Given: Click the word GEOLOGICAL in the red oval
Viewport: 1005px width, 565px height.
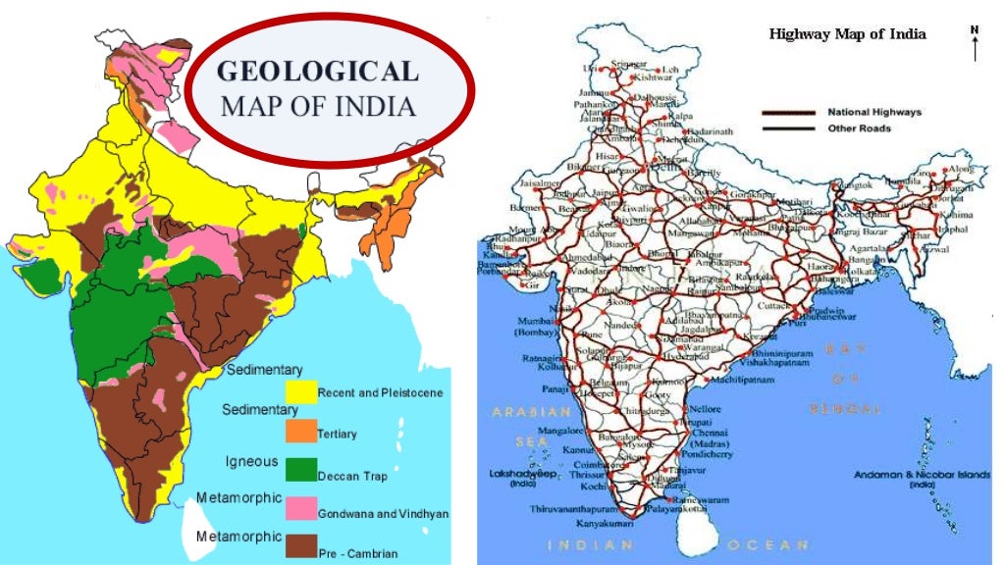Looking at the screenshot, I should coord(317,72).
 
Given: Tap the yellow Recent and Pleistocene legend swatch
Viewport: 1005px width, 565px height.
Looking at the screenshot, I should coord(301,391).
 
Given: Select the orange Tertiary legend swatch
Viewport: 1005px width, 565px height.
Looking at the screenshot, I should coord(301,432).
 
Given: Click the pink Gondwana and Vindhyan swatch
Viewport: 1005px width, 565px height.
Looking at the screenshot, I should coord(301,509).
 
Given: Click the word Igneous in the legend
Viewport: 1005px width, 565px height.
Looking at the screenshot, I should coord(251,461).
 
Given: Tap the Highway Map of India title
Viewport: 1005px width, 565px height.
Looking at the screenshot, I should coord(847,34).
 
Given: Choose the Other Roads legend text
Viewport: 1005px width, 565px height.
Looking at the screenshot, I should coord(860,128).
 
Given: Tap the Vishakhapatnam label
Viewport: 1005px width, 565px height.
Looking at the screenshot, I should coord(767,362).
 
